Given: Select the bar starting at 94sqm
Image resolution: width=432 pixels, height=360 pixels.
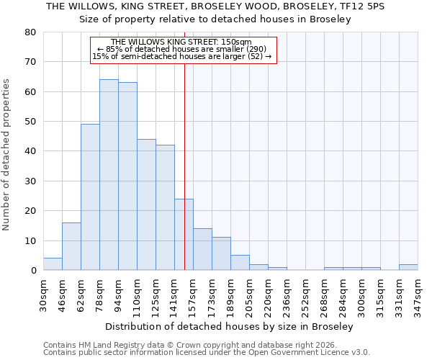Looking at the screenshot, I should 127,176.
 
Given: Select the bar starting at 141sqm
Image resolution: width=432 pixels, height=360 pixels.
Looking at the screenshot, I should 184,235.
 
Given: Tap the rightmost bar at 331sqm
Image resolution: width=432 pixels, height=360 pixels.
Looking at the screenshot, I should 408,267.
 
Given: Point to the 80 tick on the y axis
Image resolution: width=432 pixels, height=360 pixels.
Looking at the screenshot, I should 30,32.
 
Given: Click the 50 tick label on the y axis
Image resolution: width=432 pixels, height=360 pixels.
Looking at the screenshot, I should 30,122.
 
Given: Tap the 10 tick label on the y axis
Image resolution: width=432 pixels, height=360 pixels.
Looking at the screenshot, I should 30,240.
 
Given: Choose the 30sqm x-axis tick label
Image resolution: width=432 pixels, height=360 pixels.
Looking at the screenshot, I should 43,294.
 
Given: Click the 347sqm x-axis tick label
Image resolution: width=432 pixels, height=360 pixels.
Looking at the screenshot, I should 418,294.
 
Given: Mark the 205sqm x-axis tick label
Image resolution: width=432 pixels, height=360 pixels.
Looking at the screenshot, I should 249,294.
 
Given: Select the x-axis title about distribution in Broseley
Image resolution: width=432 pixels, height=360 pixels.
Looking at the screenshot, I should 229,326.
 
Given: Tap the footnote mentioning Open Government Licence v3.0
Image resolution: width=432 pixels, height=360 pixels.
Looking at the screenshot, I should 207,352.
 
